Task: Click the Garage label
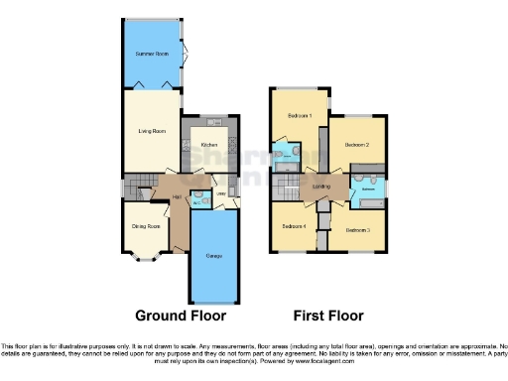[x=213, y=256]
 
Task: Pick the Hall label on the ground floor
[x=177, y=198]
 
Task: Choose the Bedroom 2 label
[x=357, y=145]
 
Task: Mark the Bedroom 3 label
[x=357, y=230]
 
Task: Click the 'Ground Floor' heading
[x=182, y=317]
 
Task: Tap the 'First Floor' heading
[x=327, y=317]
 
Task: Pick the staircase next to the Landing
[x=322, y=212]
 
